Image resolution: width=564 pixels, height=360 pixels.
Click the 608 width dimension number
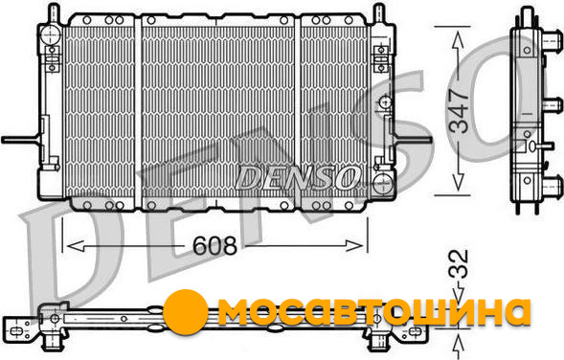coord(214,246)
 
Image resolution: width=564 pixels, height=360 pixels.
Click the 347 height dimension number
coord(460,110)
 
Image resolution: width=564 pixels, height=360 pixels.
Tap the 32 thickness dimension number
coord(459,264)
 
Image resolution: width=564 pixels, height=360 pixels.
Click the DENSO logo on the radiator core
coord(298,178)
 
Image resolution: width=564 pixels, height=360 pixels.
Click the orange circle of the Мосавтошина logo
coord(185,311)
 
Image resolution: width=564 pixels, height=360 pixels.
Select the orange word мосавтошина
coord(374,311)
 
